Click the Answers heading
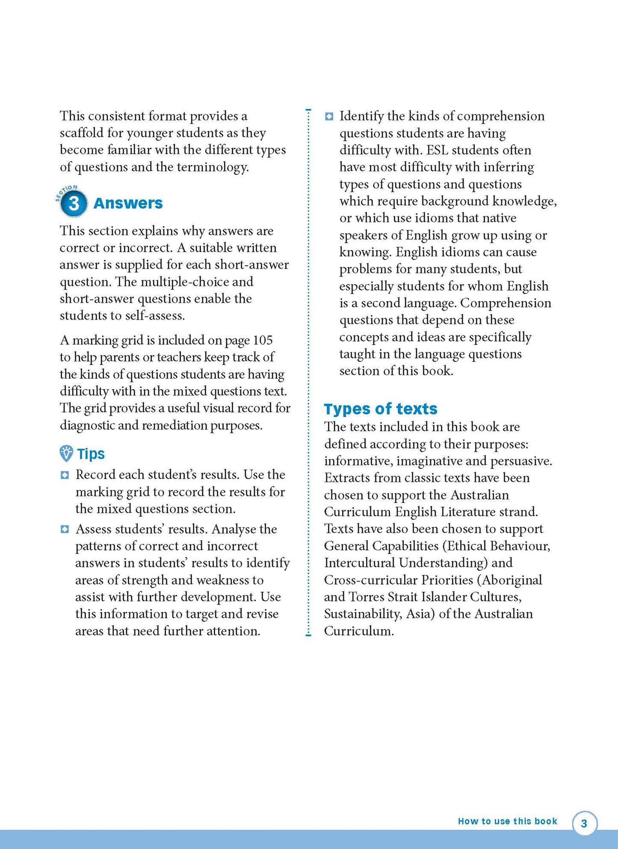128,203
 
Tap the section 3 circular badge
74,204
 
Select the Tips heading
91,454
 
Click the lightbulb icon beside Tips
66,453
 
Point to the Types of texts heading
381,409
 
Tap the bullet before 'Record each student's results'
65,475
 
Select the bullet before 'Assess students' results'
65,529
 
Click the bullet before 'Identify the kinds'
329,117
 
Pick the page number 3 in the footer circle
584,823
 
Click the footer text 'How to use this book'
507,821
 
